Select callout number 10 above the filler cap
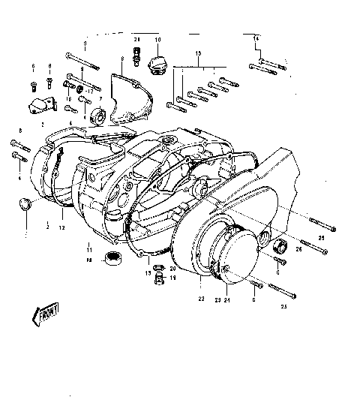pos(157,38)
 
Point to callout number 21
pos(137,38)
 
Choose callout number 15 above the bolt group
pos(198,54)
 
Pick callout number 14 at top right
pos(256,38)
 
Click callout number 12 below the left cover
pos(63,227)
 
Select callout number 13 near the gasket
pos(148,274)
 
